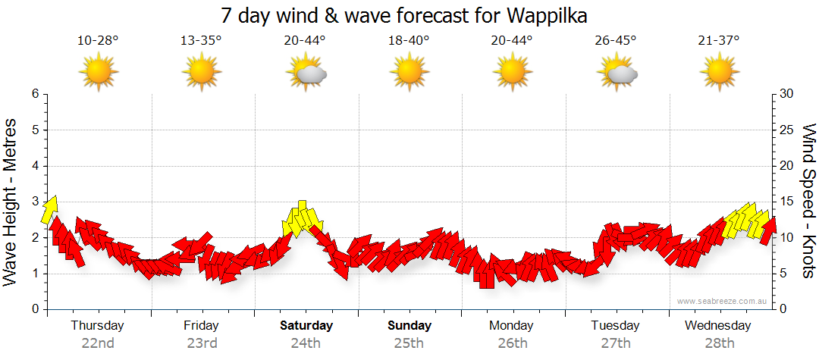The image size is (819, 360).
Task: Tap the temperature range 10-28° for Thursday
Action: coord(98,40)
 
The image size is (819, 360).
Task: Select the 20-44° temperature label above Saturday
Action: coord(305,40)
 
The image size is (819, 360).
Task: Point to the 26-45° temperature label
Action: coord(616,40)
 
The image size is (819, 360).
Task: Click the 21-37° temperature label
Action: coord(719,40)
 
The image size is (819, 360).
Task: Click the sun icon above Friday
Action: coord(201,73)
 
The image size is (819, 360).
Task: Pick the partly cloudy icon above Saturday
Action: coord(306,73)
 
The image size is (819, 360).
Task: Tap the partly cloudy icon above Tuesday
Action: coord(617,73)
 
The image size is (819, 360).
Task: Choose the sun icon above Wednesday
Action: coord(719,73)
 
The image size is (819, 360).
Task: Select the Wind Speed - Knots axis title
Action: coord(808,202)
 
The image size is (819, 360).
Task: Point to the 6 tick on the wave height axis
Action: coord(34,94)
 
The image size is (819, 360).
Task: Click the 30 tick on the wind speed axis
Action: coord(787,94)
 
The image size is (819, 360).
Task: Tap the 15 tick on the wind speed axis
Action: coord(786,202)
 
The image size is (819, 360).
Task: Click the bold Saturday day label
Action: coord(306,325)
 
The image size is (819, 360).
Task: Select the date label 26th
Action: coord(512,343)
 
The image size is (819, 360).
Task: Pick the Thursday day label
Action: coord(97,325)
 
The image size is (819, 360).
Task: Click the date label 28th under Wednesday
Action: coord(718,343)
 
